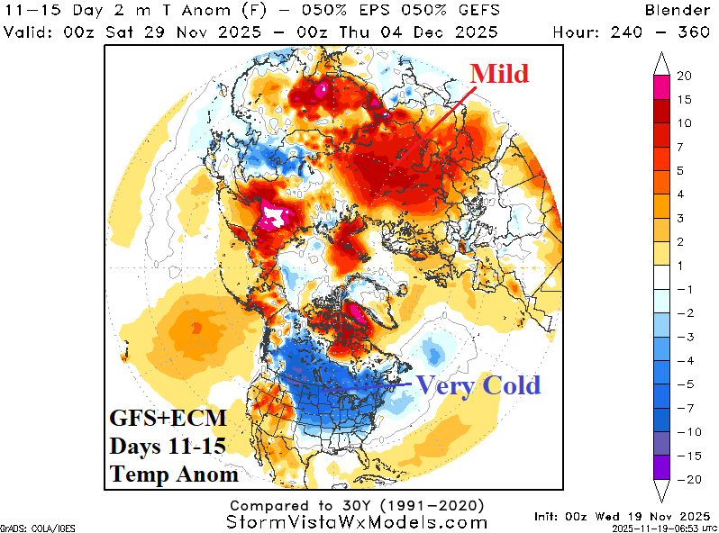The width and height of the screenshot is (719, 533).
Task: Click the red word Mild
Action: pyautogui.click(x=499, y=73)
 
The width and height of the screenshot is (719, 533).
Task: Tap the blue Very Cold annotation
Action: pyautogui.click(x=478, y=385)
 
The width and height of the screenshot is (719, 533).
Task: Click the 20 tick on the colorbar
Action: pyautogui.click(x=684, y=76)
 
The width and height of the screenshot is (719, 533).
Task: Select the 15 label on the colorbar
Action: pyautogui.click(x=684, y=98)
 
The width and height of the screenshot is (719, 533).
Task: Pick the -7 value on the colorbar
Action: pyautogui.click(x=684, y=408)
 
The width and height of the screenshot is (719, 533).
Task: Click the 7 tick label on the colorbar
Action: pyautogui.click(x=680, y=145)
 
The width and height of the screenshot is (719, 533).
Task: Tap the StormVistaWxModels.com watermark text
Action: pyautogui.click(x=359, y=522)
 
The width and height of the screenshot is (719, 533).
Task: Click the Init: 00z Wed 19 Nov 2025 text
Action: pyautogui.click(x=621, y=515)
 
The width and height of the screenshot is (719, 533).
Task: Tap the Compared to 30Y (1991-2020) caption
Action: pyautogui.click(x=357, y=505)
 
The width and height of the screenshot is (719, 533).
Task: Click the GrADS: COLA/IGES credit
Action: pyautogui.click(x=26, y=528)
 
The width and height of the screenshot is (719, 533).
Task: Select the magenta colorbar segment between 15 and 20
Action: pyautogui.click(x=660, y=87)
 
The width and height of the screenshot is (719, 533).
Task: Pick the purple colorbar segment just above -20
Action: pyautogui.click(x=660, y=466)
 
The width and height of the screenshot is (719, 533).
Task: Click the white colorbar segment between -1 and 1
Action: pyautogui.click(x=660, y=277)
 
